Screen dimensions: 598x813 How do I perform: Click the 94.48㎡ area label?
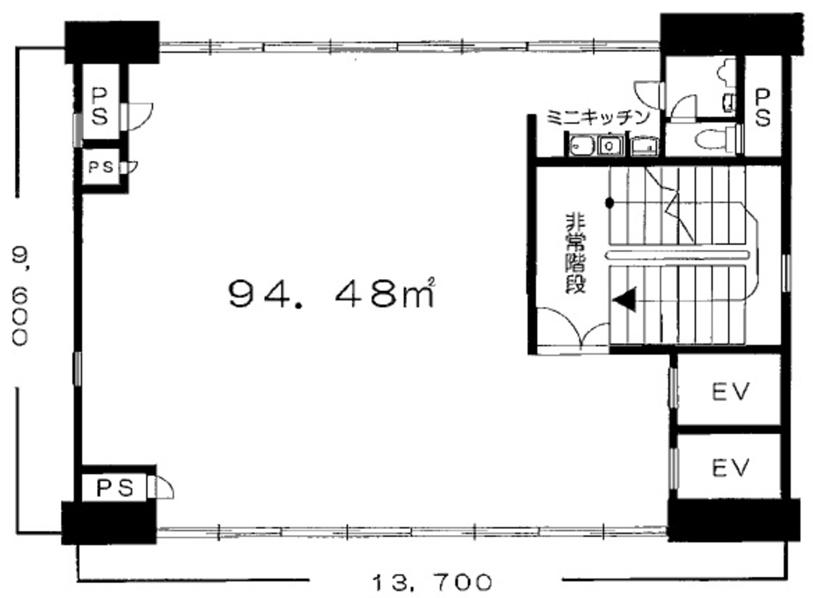(x=330, y=293)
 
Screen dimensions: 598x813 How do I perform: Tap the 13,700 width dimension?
(x=431, y=581)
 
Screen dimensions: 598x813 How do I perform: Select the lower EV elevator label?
(x=730, y=467)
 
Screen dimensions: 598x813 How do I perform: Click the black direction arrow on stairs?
(x=625, y=299)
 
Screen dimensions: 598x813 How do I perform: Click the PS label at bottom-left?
(x=113, y=486)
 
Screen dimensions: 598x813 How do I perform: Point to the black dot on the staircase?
(x=610, y=202)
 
